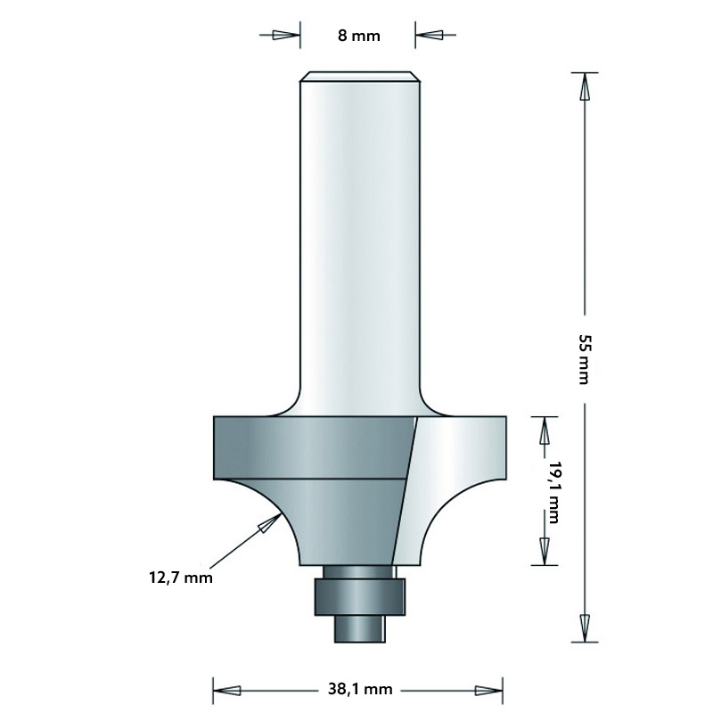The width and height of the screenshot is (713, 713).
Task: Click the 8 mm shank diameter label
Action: tap(358, 37)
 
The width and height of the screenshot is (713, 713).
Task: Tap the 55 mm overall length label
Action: tap(584, 358)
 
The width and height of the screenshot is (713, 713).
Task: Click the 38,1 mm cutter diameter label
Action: tap(358, 690)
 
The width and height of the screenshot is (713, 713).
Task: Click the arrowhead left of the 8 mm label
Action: tap(284, 37)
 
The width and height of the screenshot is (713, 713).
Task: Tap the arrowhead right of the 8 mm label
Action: tap(430, 37)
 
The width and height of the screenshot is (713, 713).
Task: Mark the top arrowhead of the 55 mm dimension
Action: tap(585, 87)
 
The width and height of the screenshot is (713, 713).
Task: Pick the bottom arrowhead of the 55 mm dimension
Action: tap(585, 625)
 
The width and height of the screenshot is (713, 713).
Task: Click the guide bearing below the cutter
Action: tap(358, 595)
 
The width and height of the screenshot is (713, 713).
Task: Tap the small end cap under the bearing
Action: tap(358, 627)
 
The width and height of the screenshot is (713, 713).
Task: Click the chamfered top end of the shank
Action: tap(358, 77)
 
